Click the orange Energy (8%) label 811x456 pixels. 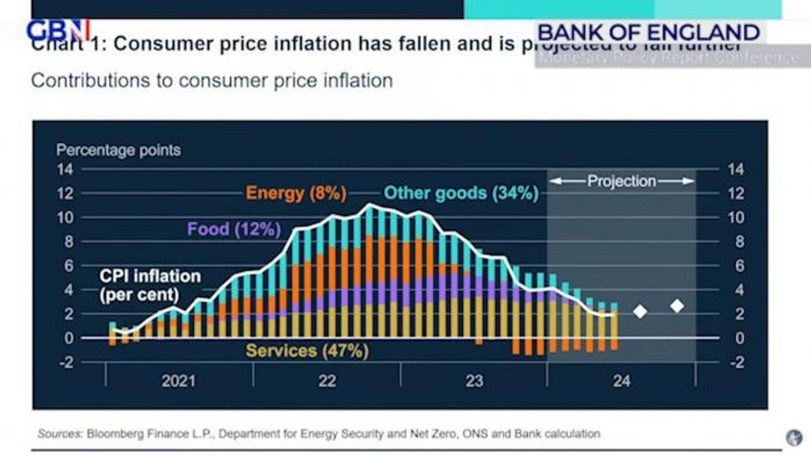[x=296, y=193]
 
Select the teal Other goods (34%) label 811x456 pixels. [x=461, y=193]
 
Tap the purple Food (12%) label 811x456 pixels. [x=234, y=229]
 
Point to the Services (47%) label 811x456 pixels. [x=307, y=351]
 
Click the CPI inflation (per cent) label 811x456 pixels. [x=150, y=285]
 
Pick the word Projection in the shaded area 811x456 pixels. [x=621, y=181]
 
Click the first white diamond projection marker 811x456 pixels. [x=640, y=311]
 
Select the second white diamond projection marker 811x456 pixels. [x=677, y=306]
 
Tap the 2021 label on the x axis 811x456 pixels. [x=178, y=380]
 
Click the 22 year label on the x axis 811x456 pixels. [x=326, y=380]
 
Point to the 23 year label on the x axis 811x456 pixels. [x=474, y=380]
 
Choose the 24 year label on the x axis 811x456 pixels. [x=621, y=380]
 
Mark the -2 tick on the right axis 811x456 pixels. [x=735, y=362]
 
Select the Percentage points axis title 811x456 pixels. [x=119, y=150]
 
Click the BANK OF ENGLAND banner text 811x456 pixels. [x=649, y=32]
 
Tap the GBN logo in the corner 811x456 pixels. [x=57, y=30]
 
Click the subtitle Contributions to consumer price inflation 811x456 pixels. [x=212, y=81]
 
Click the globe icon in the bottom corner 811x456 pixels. [x=794, y=436]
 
